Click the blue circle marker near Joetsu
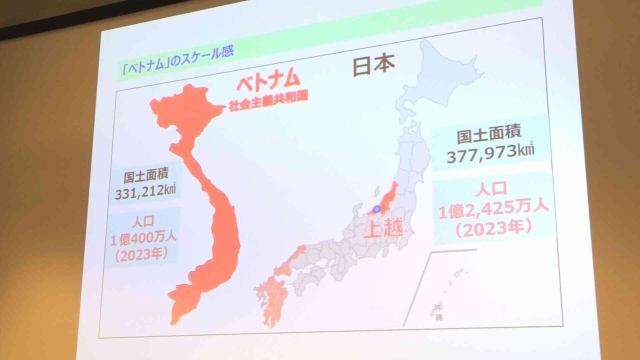pos(376,209)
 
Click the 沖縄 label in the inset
pos(438,310)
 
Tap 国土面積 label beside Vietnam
pos(146,176)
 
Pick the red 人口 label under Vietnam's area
pos(144,221)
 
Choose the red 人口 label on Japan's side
pos(491,188)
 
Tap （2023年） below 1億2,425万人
pos(493,227)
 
